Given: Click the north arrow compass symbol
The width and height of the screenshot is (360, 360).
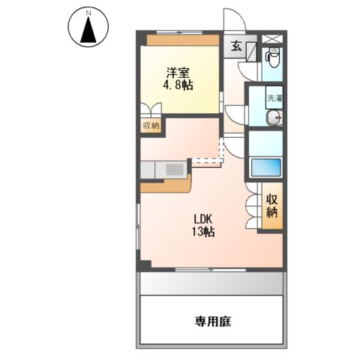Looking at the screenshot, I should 88,30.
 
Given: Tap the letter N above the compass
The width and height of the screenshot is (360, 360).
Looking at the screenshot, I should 88,12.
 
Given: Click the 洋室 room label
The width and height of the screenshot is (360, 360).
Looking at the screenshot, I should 178,73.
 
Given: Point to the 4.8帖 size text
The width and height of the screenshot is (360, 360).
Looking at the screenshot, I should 178,85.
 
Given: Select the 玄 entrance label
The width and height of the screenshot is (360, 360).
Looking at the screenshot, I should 235,47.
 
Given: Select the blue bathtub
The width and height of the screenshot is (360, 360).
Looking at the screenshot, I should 265,166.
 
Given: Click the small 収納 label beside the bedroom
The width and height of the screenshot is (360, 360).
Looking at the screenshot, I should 150,125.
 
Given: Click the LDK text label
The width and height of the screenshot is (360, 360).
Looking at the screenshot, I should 202,220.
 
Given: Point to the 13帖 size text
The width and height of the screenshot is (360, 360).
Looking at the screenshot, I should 203,232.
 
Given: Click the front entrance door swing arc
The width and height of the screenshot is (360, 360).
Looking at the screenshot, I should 235,21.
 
